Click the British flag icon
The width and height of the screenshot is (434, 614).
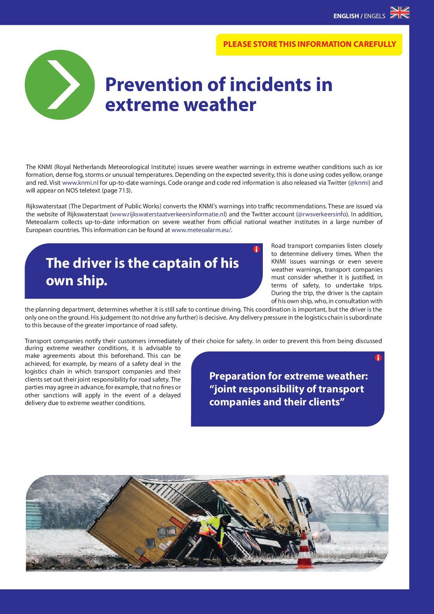(x=400, y=13)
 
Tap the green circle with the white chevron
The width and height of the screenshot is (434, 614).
(x=60, y=85)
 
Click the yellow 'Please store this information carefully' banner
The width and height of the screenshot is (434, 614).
(x=309, y=44)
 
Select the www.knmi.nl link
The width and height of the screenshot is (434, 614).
(x=80, y=183)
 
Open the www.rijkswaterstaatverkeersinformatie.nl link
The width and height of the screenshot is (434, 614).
(x=168, y=214)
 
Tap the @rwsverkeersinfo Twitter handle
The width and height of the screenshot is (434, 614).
(x=322, y=214)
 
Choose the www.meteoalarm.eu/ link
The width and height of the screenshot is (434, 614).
(x=201, y=230)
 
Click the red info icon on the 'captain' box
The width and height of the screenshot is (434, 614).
(x=257, y=249)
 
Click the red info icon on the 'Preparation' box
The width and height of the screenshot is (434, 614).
(x=378, y=357)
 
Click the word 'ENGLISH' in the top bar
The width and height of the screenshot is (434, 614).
(x=346, y=16)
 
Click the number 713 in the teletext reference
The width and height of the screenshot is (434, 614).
(x=125, y=191)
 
